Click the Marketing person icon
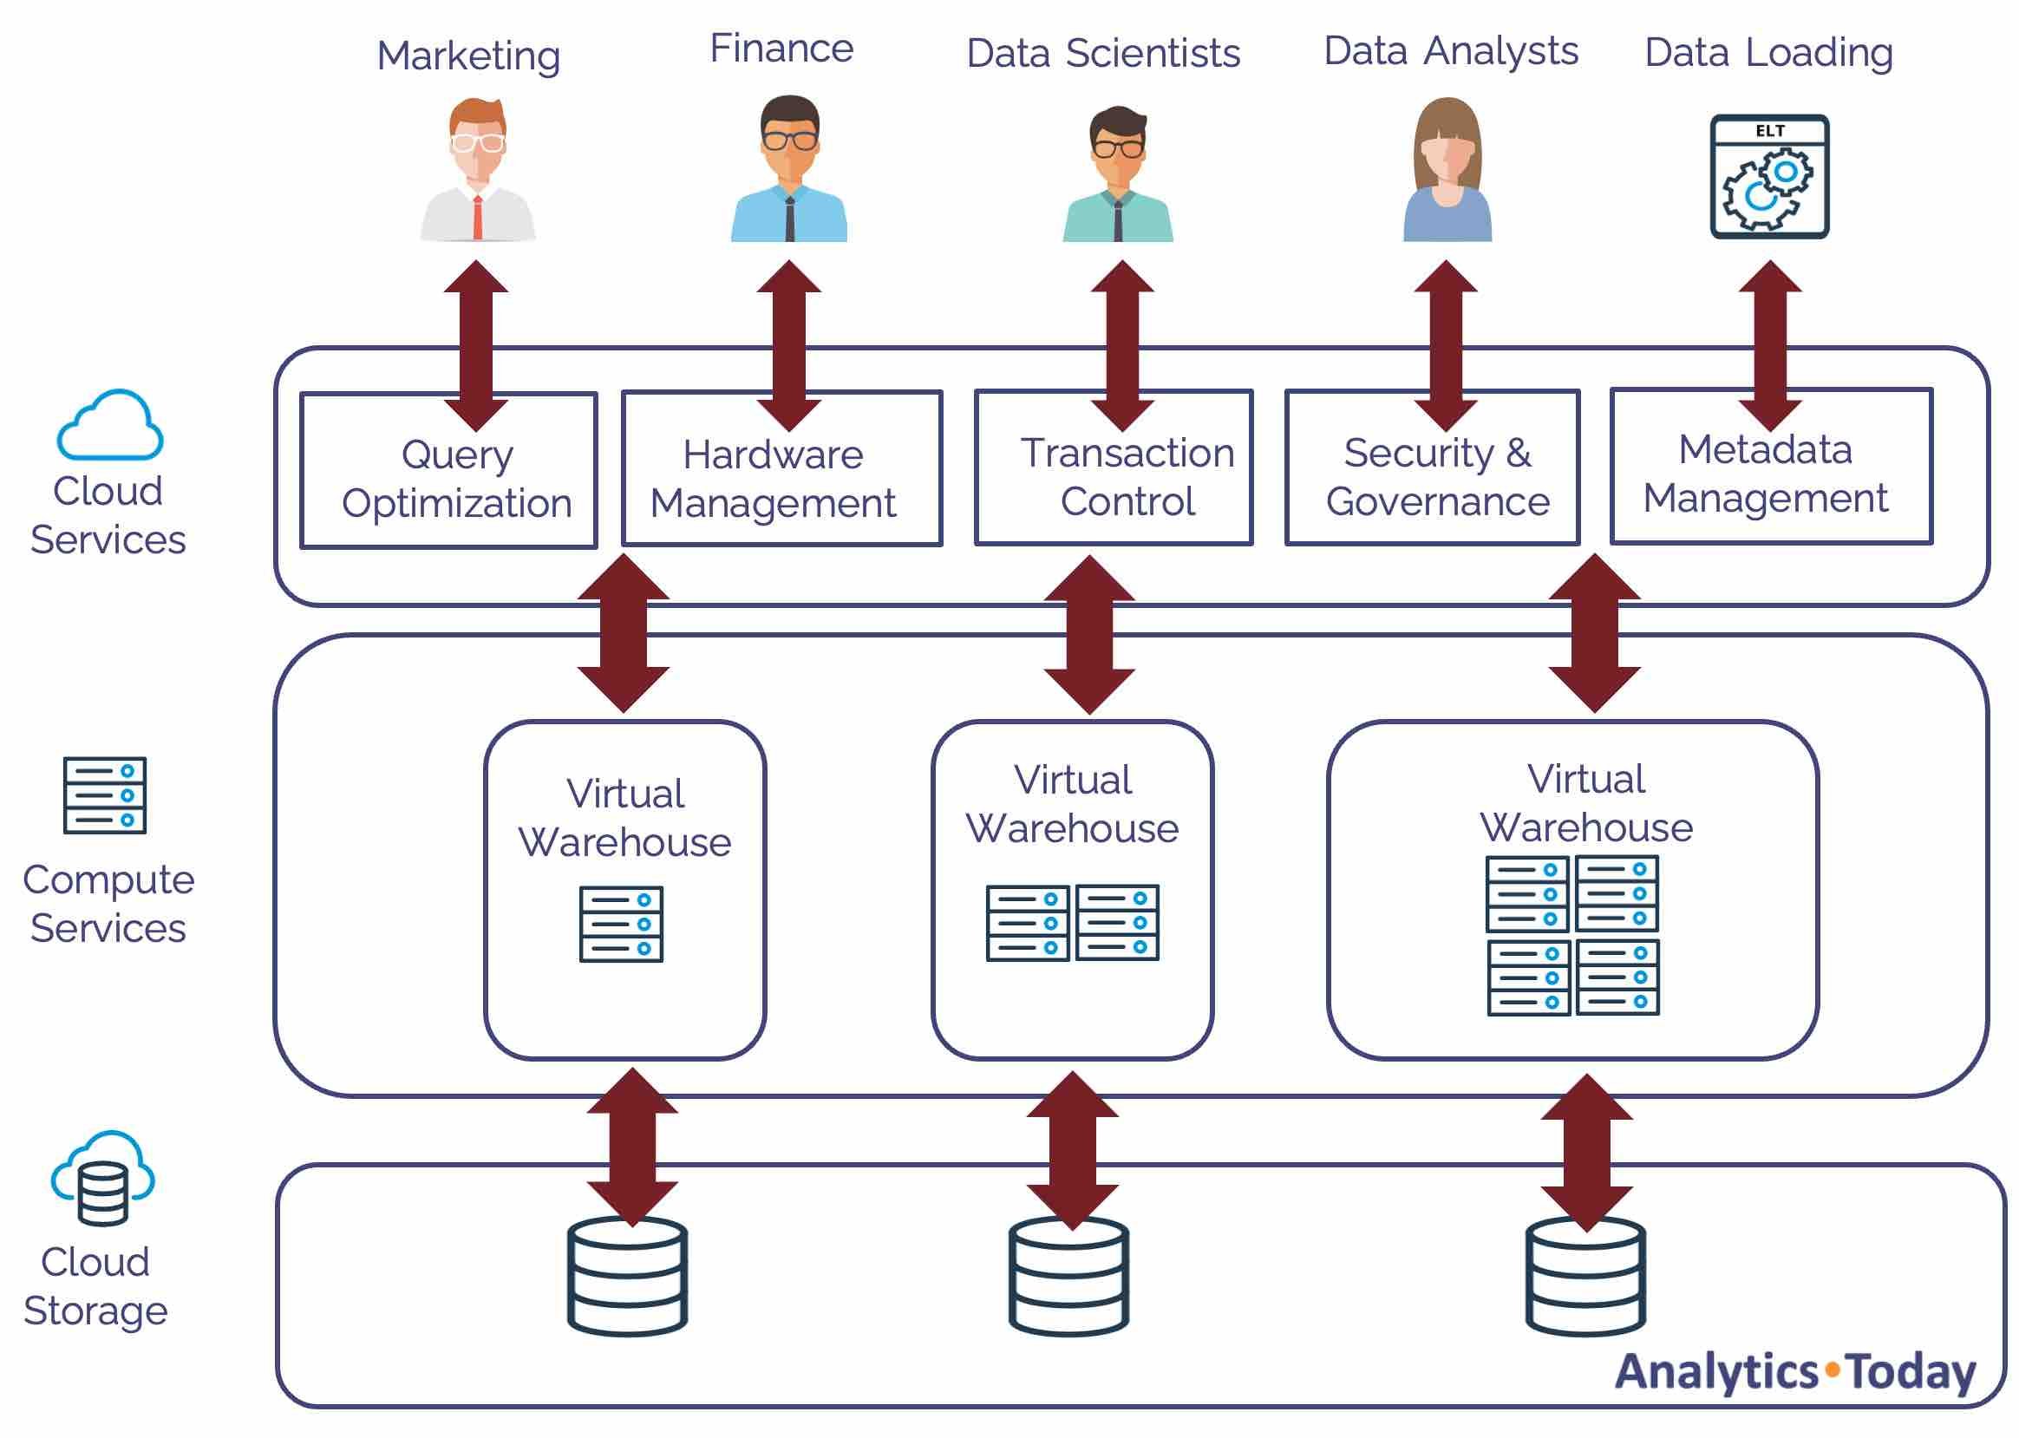(477, 169)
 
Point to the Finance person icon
(789, 169)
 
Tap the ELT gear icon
(1768, 176)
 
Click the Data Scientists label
(1102, 53)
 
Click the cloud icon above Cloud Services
(110, 426)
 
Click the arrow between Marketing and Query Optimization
(476, 345)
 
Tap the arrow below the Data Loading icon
(1769, 345)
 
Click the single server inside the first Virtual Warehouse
(621, 924)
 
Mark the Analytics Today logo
(1794, 1371)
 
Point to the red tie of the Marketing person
(477, 217)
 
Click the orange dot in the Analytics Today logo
(1832, 1369)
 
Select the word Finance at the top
(781, 49)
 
